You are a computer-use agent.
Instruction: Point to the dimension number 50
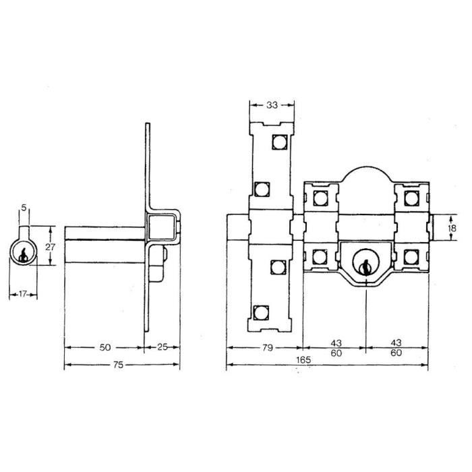tap(105, 347)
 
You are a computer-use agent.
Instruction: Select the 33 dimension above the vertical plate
tap(272, 105)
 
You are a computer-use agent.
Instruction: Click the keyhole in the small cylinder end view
tap(24, 254)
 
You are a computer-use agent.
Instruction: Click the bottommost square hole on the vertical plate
tap(260, 311)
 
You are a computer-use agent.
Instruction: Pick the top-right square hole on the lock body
tap(410, 197)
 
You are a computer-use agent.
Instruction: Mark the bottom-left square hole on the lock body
tap(318, 256)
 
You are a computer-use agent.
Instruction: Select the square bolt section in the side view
tap(164, 227)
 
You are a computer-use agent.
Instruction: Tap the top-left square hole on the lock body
tap(318, 197)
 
